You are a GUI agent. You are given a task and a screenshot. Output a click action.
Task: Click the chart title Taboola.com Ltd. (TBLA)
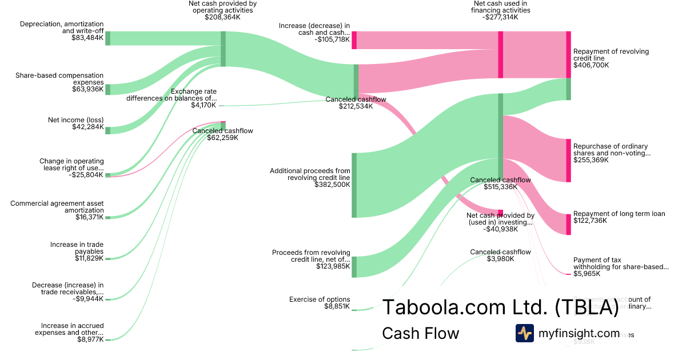tap(500, 307)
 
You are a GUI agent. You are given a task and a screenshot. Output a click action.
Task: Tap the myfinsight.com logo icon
tap(524, 333)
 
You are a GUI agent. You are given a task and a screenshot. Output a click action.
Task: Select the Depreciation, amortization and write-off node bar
tap(107, 38)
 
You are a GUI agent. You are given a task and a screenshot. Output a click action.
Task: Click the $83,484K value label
tap(87, 38)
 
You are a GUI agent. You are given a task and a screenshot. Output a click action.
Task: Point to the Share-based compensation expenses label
tap(59, 79)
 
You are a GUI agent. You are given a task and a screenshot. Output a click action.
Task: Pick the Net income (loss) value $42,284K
tap(87, 127)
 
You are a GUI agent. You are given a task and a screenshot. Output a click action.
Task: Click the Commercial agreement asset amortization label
tap(57, 207)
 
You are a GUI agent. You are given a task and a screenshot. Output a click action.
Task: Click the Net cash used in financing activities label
tap(500, 6)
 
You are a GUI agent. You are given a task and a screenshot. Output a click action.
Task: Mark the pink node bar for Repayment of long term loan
tap(568, 224)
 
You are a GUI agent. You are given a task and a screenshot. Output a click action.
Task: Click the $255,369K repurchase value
tap(591, 161)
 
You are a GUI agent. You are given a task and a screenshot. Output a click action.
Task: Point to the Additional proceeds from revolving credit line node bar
tap(354, 185)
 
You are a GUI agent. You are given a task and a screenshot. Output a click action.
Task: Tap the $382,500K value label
tap(332, 185)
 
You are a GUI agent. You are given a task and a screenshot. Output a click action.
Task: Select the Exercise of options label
tap(320, 299)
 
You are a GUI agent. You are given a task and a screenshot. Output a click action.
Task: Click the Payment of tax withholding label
tap(620, 263)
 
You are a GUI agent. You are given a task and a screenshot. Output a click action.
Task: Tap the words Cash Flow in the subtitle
tap(420, 333)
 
